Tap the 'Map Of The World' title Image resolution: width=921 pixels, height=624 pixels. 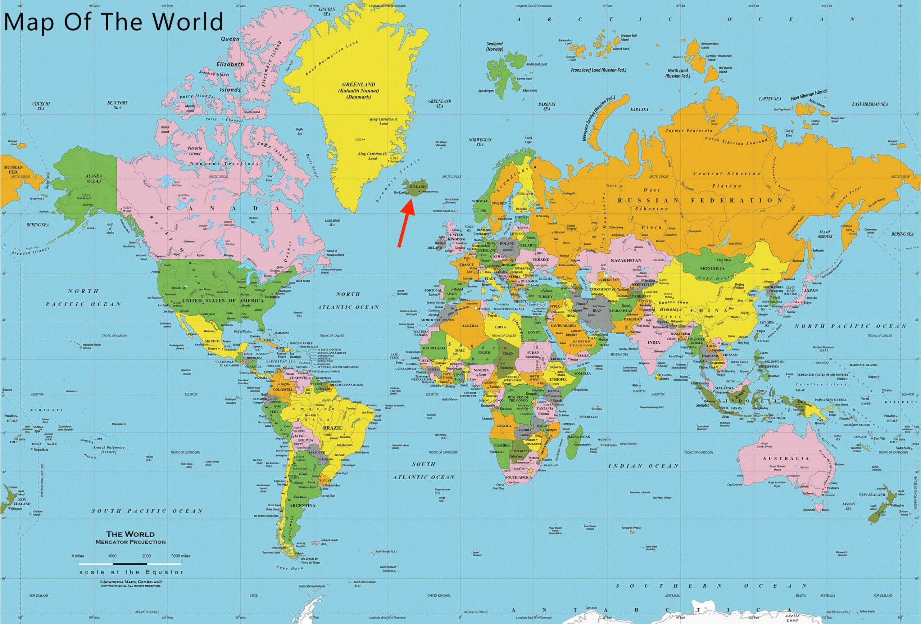113,22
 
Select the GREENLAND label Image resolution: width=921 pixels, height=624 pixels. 359,85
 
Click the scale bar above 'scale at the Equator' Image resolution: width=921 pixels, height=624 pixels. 130,563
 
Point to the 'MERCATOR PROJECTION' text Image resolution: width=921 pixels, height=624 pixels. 130,542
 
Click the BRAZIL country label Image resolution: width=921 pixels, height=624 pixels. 332,428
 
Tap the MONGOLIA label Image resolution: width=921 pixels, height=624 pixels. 712,268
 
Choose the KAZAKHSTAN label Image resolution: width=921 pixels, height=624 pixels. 626,261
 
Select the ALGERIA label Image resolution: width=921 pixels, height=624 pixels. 470,326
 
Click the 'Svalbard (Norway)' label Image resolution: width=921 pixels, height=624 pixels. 495,46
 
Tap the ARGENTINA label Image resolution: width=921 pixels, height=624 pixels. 302,506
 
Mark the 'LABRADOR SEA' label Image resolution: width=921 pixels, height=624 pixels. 332,222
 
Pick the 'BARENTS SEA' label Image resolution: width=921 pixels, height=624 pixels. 546,106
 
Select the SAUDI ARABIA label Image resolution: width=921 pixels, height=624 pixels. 563,325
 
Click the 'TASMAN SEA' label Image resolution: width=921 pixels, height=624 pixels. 848,506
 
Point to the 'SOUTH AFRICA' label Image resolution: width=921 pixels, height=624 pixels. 518,477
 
